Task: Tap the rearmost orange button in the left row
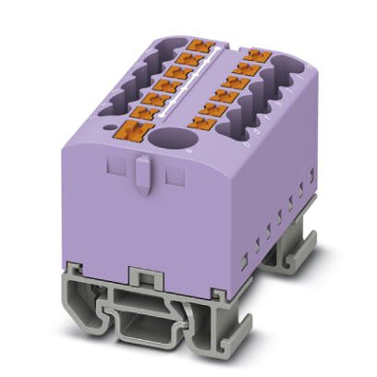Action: (198, 43)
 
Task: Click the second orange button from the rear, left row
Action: (189, 56)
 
